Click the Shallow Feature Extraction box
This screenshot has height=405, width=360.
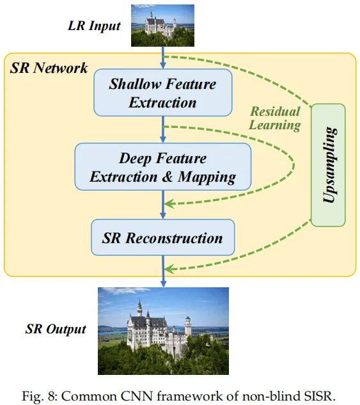(x=163, y=93)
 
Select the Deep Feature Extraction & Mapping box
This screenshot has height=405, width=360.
(x=163, y=166)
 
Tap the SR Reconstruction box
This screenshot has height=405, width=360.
(x=163, y=237)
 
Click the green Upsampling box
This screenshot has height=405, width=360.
(x=328, y=165)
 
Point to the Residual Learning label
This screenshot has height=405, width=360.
(x=275, y=118)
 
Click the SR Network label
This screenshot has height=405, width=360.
(x=49, y=68)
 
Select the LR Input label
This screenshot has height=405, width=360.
(x=94, y=26)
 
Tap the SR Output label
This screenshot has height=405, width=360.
(x=56, y=329)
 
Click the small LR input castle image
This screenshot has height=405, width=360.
(x=162, y=26)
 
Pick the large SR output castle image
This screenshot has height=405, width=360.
(x=163, y=331)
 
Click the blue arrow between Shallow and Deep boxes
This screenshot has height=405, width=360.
(x=163, y=129)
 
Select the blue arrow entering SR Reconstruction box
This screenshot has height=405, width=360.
(x=163, y=205)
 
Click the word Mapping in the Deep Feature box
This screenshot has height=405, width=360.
(x=207, y=177)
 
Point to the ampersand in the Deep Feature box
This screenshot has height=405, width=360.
(x=168, y=177)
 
